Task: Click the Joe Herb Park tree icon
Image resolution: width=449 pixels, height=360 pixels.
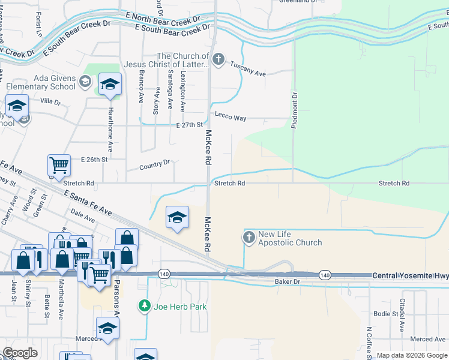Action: click(x=145, y=307)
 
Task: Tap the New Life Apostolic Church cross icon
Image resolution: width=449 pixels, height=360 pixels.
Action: click(x=249, y=238)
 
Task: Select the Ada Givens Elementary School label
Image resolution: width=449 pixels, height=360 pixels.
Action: click(x=46, y=82)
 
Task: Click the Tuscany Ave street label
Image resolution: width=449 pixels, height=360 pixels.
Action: click(x=248, y=73)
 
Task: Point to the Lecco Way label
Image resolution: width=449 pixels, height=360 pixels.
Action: click(x=231, y=118)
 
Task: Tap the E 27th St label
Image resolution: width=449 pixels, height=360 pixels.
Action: click(x=188, y=125)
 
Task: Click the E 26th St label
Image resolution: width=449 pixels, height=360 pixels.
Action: click(x=94, y=160)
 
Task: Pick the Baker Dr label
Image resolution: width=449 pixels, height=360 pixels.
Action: click(x=286, y=281)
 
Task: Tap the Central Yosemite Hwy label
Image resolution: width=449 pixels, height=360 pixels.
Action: click(x=410, y=275)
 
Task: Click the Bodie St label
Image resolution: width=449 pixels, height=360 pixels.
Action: click(x=385, y=313)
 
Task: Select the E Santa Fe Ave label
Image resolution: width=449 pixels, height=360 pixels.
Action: click(x=88, y=202)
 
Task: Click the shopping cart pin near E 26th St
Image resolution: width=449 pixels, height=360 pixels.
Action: click(x=59, y=164)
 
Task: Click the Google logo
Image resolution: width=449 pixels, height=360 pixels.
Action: click(x=20, y=353)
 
